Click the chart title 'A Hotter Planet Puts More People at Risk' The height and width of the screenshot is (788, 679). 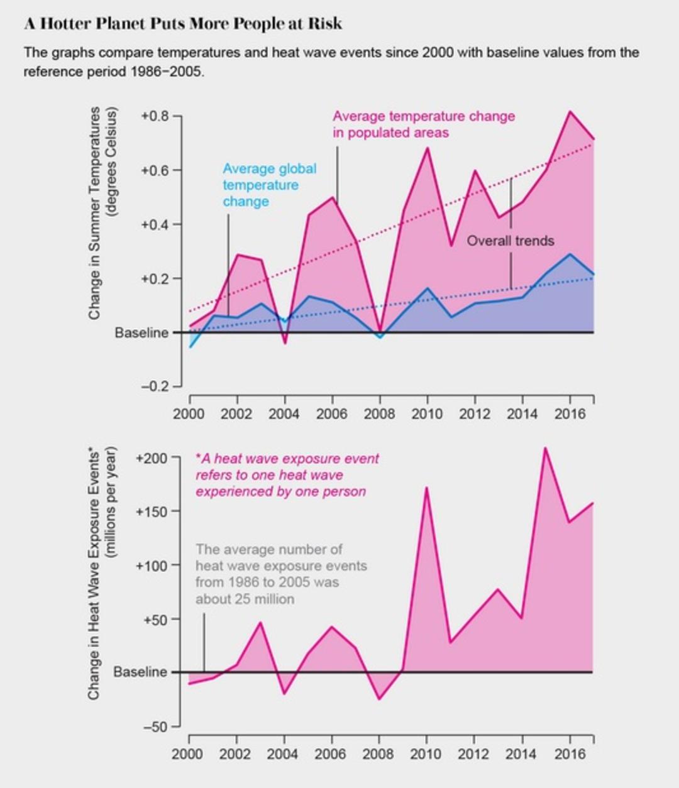tap(183, 24)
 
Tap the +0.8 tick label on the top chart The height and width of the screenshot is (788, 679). tap(155, 116)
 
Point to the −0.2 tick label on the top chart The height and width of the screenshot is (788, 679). tap(155, 386)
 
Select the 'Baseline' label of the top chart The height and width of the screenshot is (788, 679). tap(141, 333)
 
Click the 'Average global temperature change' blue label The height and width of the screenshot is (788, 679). tap(269, 185)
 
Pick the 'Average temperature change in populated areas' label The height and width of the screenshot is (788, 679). tap(424, 124)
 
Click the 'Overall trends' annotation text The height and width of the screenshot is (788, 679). tap(511, 241)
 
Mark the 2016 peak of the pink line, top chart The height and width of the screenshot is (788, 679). tap(570, 111)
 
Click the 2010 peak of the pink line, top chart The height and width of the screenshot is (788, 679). tap(428, 148)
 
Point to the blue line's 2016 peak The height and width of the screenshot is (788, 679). tap(570, 254)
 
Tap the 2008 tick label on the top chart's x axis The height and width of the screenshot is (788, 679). tap(379, 414)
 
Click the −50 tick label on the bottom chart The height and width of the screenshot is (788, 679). tap(155, 727)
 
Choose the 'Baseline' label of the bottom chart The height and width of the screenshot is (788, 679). tap(140, 672)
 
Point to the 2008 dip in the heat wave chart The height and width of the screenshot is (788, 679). tap(378, 699)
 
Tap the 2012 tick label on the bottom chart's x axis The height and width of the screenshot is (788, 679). tap(474, 754)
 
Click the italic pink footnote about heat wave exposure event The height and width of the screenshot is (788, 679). tap(287, 475)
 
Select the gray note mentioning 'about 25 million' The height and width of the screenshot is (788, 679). tap(281, 574)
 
